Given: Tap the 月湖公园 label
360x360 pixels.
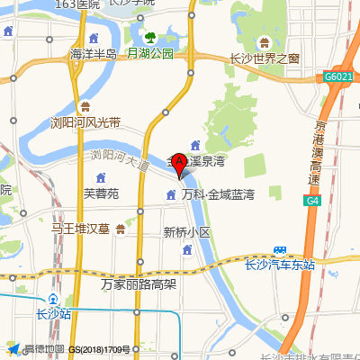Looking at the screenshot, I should pos(149,53).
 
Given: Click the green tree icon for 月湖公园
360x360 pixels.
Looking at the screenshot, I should pos(150,37).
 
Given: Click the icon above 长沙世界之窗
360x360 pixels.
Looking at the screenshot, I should pos(265,42).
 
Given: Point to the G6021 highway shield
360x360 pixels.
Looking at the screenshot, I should pos(337,78).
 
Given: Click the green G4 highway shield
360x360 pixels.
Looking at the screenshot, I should pos(312,201).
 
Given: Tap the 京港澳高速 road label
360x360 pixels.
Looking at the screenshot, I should pos(312,152).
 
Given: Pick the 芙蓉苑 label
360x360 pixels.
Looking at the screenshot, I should pos(101,193).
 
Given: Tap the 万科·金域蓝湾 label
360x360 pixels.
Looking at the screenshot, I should pos(218,194).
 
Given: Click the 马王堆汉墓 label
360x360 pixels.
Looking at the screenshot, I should pos(80,229).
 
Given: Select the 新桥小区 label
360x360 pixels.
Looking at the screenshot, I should pos(186,232).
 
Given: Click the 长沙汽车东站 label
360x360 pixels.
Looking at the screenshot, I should pos(280,265).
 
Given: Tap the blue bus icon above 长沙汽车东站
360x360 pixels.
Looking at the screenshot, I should pos(280,249).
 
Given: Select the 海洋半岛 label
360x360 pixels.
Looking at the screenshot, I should pos(94,54).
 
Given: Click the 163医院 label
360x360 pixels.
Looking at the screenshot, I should pos(76,4).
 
